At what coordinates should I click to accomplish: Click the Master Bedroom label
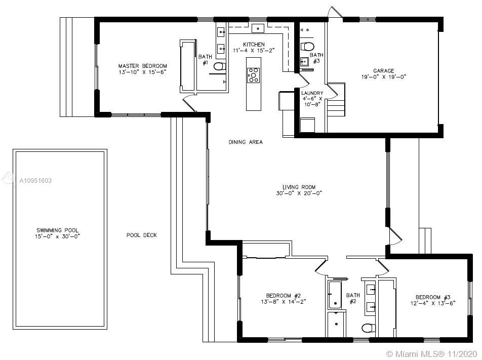click(x=143, y=66)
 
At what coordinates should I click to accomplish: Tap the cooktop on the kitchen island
click(x=254, y=75)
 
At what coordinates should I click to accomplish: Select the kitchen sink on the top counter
click(x=258, y=28)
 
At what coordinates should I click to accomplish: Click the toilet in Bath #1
click(x=220, y=66)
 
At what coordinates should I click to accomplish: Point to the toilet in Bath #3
click(x=307, y=47)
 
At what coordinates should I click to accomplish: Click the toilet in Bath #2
click(x=369, y=328)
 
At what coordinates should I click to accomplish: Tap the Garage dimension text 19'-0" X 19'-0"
click(x=384, y=77)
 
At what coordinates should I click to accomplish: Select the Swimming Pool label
click(x=58, y=230)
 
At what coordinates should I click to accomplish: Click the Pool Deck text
click(x=142, y=235)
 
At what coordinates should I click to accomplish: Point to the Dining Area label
click(x=246, y=142)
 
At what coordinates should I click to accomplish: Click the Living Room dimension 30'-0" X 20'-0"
click(x=299, y=193)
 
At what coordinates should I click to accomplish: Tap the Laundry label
click(x=312, y=93)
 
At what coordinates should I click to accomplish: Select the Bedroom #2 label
click(x=284, y=296)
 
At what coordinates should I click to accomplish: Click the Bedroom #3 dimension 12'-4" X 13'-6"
click(x=433, y=303)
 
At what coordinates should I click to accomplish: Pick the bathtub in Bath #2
click(x=335, y=295)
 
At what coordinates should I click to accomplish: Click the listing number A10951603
click(x=35, y=181)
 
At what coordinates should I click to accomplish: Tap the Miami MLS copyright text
click(x=431, y=353)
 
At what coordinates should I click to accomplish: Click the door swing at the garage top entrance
click(x=335, y=12)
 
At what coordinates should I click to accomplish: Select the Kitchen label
click(x=254, y=44)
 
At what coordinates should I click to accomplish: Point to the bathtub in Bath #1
click(x=188, y=66)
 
